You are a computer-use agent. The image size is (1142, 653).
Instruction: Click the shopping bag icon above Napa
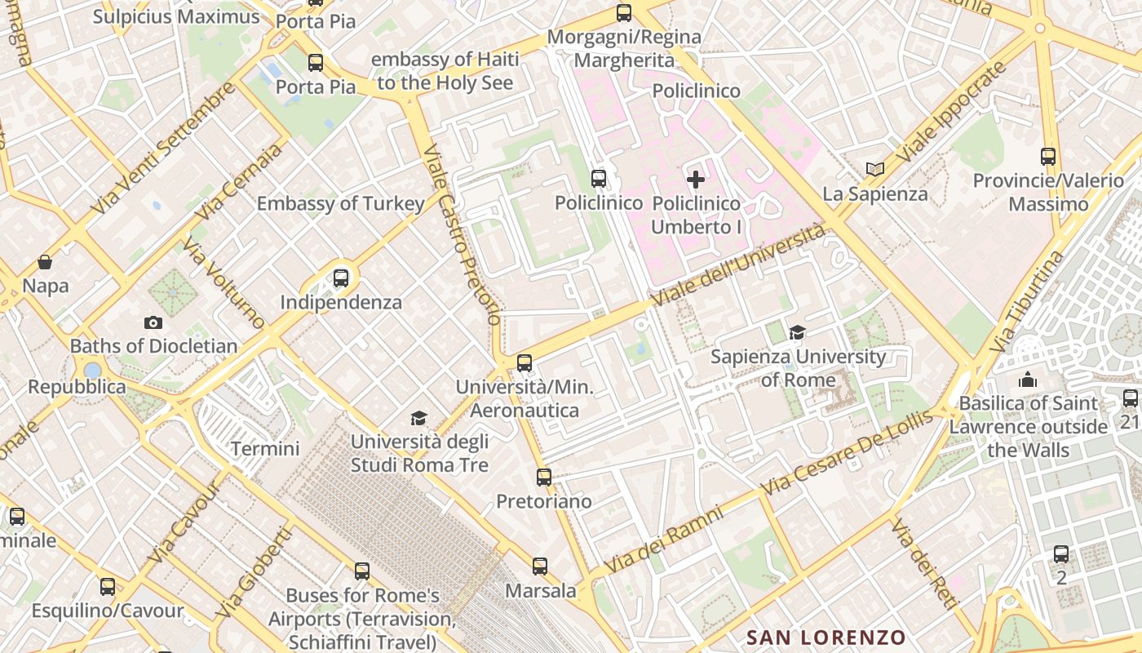coord(45,262)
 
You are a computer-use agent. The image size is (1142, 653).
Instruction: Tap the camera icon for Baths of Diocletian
coord(153,322)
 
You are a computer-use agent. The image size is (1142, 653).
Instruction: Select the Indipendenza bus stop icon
coord(341,278)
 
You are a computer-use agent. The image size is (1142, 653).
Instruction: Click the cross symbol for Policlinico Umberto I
coord(696,180)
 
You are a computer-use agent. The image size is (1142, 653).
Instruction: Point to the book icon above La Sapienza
coord(875,170)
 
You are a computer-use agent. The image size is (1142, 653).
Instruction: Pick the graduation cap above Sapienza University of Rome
coord(797,332)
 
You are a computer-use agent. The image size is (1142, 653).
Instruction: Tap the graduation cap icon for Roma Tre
coord(418,419)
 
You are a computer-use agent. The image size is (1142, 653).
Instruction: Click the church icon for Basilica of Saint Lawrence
coord(1027,380)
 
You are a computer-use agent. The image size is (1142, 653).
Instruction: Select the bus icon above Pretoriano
coord(544,478)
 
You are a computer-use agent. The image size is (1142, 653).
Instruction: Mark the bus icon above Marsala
coord(540,566)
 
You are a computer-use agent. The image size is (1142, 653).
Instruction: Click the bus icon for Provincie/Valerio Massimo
coord(1048,157)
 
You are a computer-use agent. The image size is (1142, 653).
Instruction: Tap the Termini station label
coord(265,448)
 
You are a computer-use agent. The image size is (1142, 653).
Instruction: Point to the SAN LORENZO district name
coord(826,637)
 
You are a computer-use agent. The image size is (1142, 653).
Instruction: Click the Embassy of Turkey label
coord(340,204)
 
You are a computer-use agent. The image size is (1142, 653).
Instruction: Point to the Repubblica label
coord(77,387)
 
